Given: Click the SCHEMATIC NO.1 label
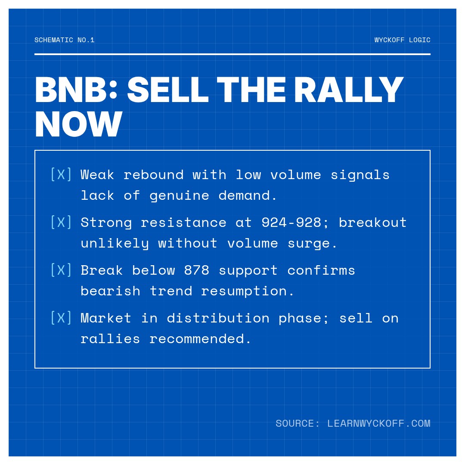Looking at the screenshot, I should coord(65,40).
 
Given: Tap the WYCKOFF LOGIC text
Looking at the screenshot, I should coord(402,40).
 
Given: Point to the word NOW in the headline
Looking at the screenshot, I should coord(78,125).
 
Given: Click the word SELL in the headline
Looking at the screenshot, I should coord(168,90).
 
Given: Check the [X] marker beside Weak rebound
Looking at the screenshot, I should coord(61,174).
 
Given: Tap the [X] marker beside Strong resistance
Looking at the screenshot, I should coord(61,222).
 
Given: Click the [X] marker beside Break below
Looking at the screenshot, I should coord(61,270).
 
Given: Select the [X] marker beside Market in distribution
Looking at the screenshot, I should coord(61,318).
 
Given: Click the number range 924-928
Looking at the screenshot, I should coord(291,222).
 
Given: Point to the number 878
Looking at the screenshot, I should coord(196,270).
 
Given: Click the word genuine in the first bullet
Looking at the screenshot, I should coord(179,195).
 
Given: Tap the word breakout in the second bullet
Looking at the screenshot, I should coord(372,222).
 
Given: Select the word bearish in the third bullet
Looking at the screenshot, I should coord(110,291).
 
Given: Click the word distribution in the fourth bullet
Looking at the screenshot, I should coord(218,318).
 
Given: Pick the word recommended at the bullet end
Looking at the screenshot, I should coord(200,339).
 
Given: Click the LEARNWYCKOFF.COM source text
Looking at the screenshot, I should coord(378,423).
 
